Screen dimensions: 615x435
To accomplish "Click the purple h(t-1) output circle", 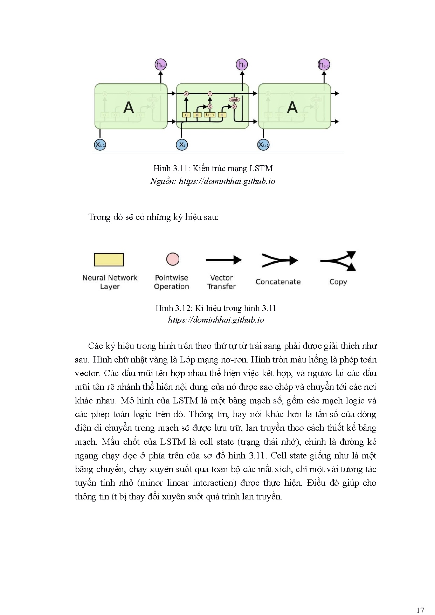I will pos(161,65).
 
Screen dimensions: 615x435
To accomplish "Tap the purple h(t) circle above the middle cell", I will pos(242,64).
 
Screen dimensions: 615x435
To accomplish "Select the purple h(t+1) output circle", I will pos(324,65).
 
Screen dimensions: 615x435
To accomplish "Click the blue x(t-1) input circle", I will pos(100,145).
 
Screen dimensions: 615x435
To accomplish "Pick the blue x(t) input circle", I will pos(182,145).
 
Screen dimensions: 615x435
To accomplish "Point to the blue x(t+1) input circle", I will pos(263,145).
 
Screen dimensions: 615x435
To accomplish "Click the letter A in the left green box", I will pos(129,107).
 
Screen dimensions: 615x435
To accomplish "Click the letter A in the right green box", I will pos(292,107).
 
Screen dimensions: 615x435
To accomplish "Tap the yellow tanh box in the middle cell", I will pos(209,115).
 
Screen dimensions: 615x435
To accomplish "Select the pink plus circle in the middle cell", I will pos(210,94).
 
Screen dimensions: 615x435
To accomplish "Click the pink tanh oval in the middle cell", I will pos(234,100).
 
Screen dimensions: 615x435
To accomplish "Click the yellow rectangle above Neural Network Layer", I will pos(109,260).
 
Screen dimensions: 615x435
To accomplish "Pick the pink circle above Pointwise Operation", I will pos(173,259).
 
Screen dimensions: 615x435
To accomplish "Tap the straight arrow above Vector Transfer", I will pos(224,260).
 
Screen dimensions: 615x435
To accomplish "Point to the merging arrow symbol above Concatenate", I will pos(279,261).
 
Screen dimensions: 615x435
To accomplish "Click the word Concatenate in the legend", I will pos(278,282).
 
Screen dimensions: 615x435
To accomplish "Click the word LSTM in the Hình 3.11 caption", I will pos(261,168).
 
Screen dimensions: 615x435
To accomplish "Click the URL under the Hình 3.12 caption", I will pos(216,320).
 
